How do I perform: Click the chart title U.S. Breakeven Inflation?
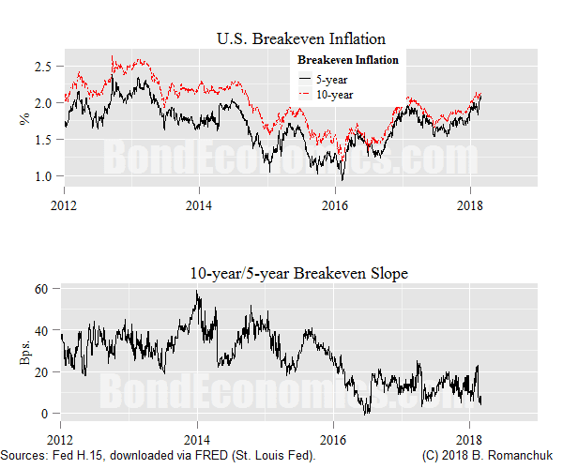300,39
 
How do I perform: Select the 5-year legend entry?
330,80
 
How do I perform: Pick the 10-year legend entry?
333,95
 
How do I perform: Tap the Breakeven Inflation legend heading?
347,60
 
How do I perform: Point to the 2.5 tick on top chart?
43,66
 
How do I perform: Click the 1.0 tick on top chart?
43,175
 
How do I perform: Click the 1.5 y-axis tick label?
43,139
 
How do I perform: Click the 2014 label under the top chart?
198,204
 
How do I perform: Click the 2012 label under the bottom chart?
61,438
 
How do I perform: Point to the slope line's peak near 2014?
197,292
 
